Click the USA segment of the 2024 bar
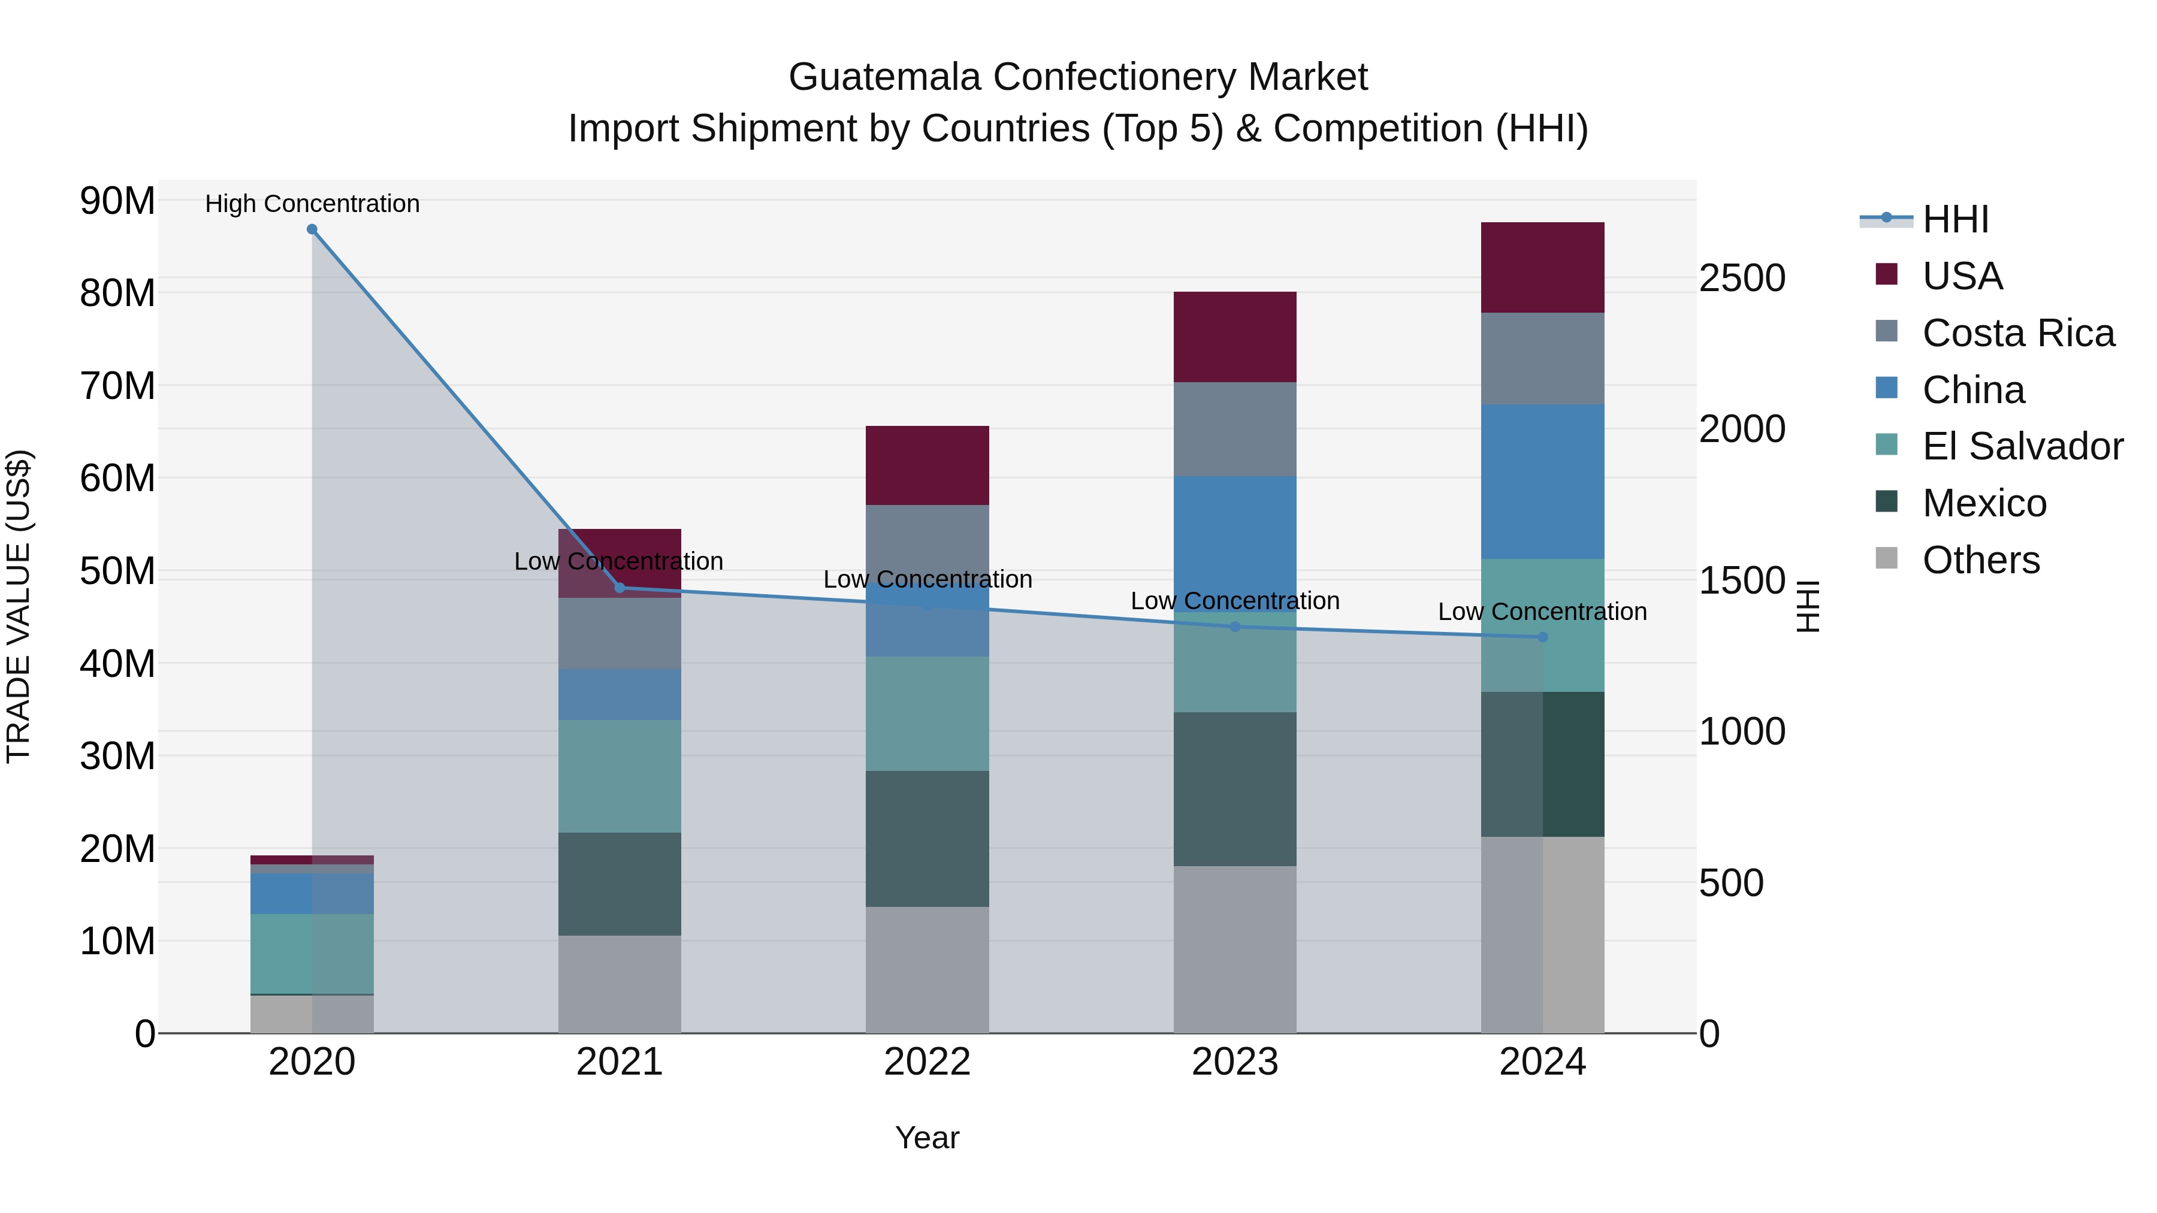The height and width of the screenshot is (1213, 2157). click(x=1542, y=267)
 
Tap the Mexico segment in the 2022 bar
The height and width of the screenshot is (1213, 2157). click(x=927, y=838)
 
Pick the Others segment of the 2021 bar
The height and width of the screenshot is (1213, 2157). click(x=620, y=984)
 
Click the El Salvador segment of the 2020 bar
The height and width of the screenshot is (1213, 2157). click(x=312, y=954)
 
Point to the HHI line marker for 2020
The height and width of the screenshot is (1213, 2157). click(x=312, y=229)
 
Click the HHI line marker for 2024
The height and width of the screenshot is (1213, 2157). click(x=1542, y=637)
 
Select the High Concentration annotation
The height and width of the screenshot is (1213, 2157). click(x=312, y=204)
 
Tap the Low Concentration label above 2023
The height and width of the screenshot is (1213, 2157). click(x=1234, y=601)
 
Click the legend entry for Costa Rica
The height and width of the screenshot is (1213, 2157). click(x=2018, y=333)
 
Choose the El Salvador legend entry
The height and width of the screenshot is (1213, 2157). click(x=2022, y=446)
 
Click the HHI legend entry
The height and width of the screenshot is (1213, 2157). click(x=1955, y=219)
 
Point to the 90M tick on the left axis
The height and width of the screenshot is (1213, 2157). click(x=117, y=201)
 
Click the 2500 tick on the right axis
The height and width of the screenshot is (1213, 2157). click(x=1742, y=278)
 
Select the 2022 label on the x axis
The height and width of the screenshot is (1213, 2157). click(x=927, y=1062)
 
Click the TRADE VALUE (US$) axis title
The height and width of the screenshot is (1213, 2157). click(x=19, y=606)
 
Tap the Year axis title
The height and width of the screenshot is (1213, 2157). click(x=927, y=1138)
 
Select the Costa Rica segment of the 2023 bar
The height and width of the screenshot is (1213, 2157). click(x=1234, y=429)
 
